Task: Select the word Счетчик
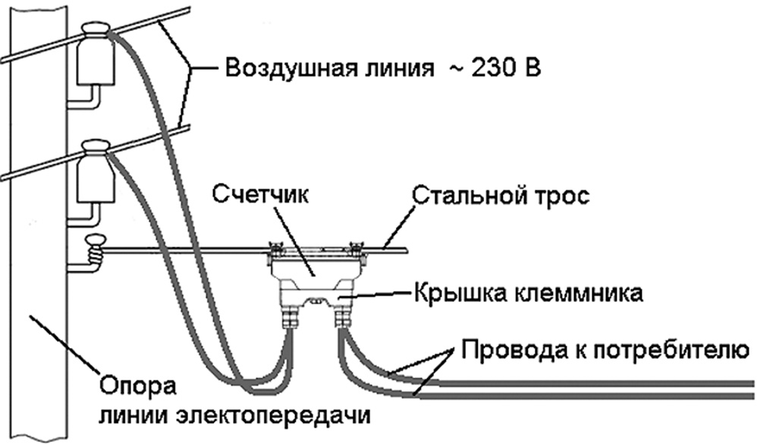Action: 248,194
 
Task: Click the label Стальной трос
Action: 500,196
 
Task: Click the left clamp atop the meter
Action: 276,248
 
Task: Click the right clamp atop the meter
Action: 353,247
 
